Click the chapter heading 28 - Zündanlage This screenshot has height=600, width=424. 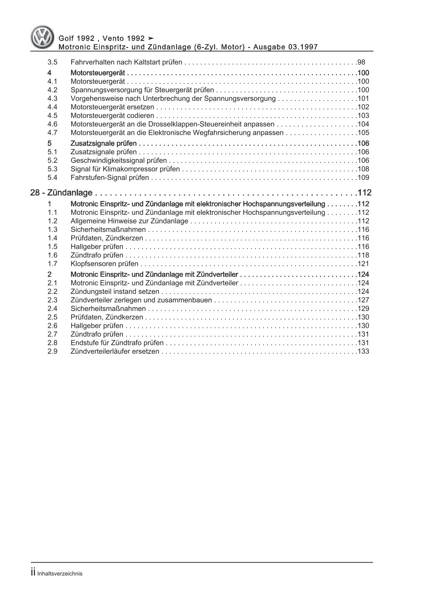61,193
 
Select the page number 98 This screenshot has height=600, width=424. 361,62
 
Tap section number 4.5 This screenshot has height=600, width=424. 52,116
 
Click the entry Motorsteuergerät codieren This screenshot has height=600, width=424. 112,116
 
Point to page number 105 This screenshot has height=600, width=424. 363,133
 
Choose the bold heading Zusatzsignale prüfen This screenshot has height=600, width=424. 103,144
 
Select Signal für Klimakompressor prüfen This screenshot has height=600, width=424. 125,169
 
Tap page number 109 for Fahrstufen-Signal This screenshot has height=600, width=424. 363,178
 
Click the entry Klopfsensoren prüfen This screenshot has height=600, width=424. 104,264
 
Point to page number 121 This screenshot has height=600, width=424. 363,264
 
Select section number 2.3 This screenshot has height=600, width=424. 52,300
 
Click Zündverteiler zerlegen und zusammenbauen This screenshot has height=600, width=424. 141,300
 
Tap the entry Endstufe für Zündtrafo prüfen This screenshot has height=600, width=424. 117,343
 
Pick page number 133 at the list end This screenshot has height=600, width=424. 363,352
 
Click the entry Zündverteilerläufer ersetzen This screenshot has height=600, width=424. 115,352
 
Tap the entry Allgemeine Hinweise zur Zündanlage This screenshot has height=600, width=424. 129,221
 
